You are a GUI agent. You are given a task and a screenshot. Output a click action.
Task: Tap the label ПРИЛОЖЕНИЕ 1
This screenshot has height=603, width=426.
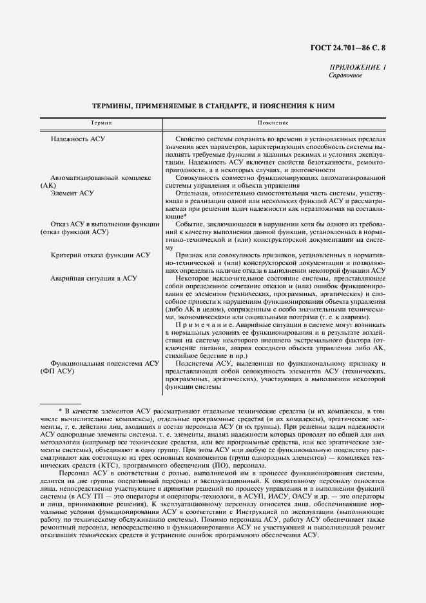point(358,68)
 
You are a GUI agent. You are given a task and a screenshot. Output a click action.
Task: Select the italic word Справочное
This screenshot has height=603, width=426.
point(346,75)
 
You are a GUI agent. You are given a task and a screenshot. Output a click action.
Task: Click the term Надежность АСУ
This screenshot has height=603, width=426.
point(77,139)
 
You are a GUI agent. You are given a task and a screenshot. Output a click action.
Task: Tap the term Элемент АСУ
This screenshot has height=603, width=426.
point(72,193)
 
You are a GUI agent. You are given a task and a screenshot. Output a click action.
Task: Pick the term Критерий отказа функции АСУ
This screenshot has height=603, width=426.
point(101,255)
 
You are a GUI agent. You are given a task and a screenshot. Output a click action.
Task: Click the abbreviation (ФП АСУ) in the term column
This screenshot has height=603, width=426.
point(57,371)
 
